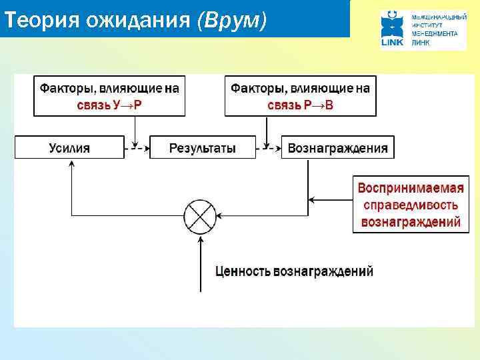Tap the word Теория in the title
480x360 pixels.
(x=41, y=21)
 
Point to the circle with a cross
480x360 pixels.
(x=201, y=215)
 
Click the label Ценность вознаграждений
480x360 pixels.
(x=294, y=271)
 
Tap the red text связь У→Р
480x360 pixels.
(x=109, y=105)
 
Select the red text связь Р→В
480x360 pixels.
(x=300, y=105)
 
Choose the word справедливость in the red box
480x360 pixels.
(x=406, y=205)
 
